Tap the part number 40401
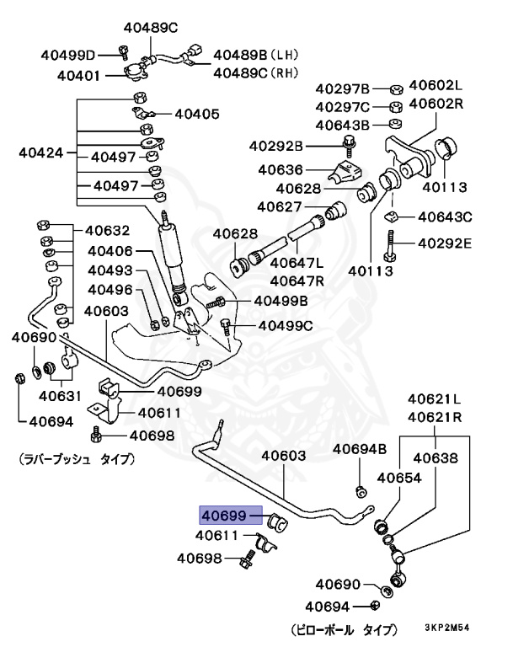click(x=80, y=76)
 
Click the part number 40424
click(x=41, y=154)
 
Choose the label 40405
click(x=196, y=113)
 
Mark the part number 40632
click(x=107, y=230)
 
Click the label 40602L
click(x=436, y=85)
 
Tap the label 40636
click(x=281, y=169)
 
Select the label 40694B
click(x=359, y=448)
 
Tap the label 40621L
click(x=435, y=398)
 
